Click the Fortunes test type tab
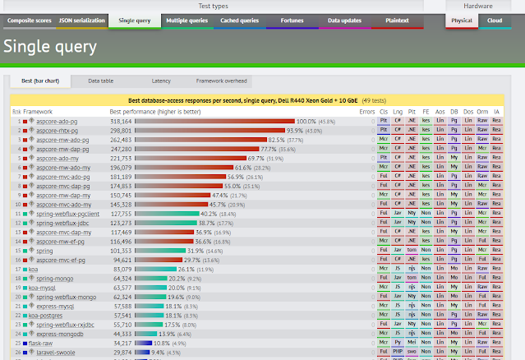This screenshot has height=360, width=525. coord(292,19)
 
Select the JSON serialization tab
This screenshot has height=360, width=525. coord(81,19)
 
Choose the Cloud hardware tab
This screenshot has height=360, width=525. coord(495,19)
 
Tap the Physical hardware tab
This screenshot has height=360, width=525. coord(461,19)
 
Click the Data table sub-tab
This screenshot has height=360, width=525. coord(100,81)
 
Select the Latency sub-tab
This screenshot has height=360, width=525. coord(161,81)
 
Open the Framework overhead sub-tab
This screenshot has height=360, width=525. coord(221,81)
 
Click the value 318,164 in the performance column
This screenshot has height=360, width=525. coord(121,121)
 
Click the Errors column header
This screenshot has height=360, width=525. coord(366,111)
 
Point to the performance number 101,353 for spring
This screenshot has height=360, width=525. coord(121,251)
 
